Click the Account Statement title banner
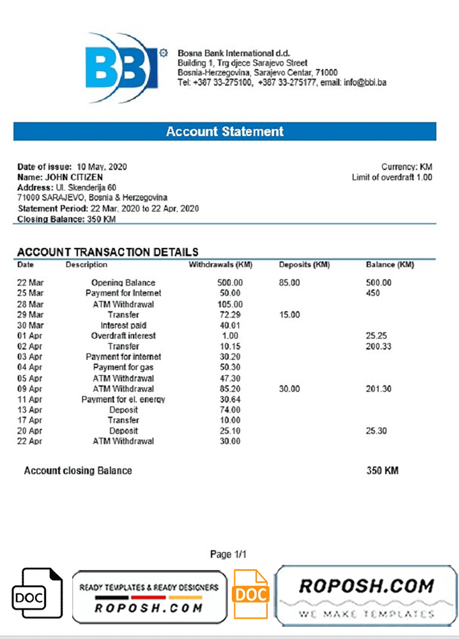click(225, 132)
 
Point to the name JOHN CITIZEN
click(72, 177)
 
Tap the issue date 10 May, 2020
click(102, 167)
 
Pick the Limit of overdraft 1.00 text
click(392, 177)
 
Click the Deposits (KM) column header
click(304, 265)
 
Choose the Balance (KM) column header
click(390, 265)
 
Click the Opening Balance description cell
click(123, 282)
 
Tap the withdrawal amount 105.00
click(230, 304)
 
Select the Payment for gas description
click(123, 367)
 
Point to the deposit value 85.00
click(289, 282)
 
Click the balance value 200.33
click(379, 346)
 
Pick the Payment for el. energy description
click(123, 399)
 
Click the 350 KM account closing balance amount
click(382, 470)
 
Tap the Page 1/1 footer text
click(228, 554)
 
